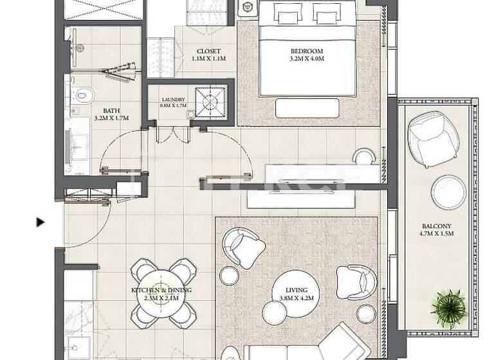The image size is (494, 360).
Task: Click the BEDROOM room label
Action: [x=306, y=51]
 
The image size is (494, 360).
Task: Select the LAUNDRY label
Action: [x=173, y=100]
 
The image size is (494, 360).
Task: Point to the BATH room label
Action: [x=103, y=111]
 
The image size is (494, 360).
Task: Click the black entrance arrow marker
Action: [x=41, y=222]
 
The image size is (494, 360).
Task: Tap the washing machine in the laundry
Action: [x=210, y=100]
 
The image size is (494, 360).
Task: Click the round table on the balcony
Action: [x=448, y=192]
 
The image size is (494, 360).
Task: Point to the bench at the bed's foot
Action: [x=307, y=108]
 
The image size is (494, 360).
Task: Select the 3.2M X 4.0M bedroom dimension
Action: [x=306, y=59]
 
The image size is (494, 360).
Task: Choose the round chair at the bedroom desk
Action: [x=364, y=156]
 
